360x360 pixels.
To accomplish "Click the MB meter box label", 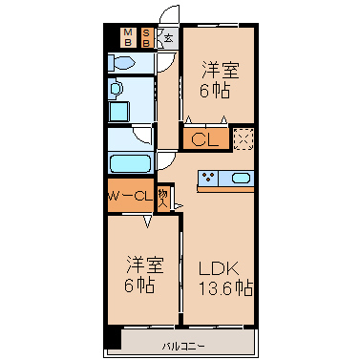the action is coord(128,37).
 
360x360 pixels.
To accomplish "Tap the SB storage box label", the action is coord(146,37).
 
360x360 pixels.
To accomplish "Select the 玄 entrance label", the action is coord(168,39).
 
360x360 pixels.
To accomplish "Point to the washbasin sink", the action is coord(116,89).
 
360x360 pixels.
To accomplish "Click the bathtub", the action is coord(131,163).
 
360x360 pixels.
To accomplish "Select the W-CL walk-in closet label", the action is coord(130,196).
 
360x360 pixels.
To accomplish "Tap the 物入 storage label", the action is coord(162,198).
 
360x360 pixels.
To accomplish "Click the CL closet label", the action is coord(205,139).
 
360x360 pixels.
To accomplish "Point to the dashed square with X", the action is coord(244,138).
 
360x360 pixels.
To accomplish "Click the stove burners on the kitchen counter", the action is coord(208,178).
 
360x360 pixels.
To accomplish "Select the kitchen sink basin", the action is coord(242,178).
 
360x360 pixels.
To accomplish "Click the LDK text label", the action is coord(219,269).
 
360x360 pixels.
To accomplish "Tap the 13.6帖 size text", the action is coord(225,288).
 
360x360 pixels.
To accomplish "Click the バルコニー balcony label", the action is coord(183,346).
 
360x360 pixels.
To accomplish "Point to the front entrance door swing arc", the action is coord(166,12).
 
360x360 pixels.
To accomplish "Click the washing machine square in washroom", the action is coord(119,112).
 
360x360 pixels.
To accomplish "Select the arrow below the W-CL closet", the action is coord(147,222).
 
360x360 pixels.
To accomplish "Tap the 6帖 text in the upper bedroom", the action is coord(214,91).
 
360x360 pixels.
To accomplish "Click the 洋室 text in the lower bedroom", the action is coord(145,265).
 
